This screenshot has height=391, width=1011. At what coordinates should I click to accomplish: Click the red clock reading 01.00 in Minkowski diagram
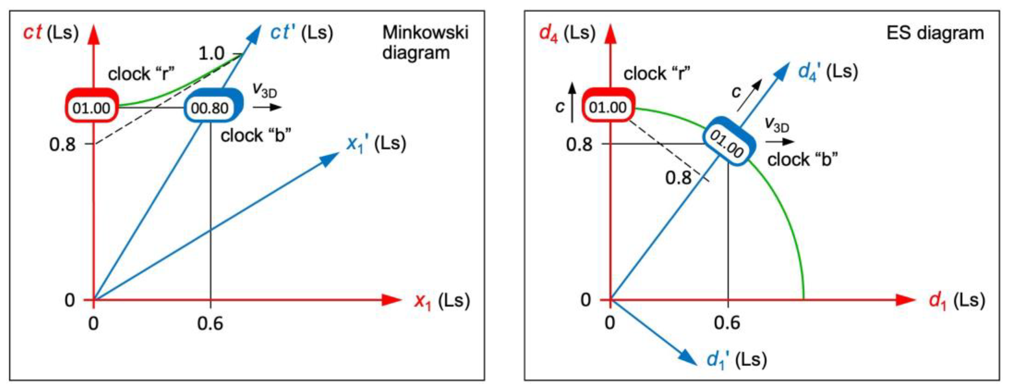(91, 107)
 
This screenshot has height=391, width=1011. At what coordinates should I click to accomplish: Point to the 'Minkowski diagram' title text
(425, 42)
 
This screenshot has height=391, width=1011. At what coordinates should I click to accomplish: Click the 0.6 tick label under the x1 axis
(210, 324)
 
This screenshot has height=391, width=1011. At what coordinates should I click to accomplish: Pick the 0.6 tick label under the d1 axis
(727, 323)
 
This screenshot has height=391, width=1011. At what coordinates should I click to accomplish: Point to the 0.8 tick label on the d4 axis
(579, 144)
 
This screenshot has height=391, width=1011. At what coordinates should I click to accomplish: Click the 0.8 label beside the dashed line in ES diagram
(678, 178)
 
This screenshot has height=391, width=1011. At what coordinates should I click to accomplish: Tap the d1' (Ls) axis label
(736, 360)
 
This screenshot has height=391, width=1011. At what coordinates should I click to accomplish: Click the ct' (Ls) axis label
(301, 33)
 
